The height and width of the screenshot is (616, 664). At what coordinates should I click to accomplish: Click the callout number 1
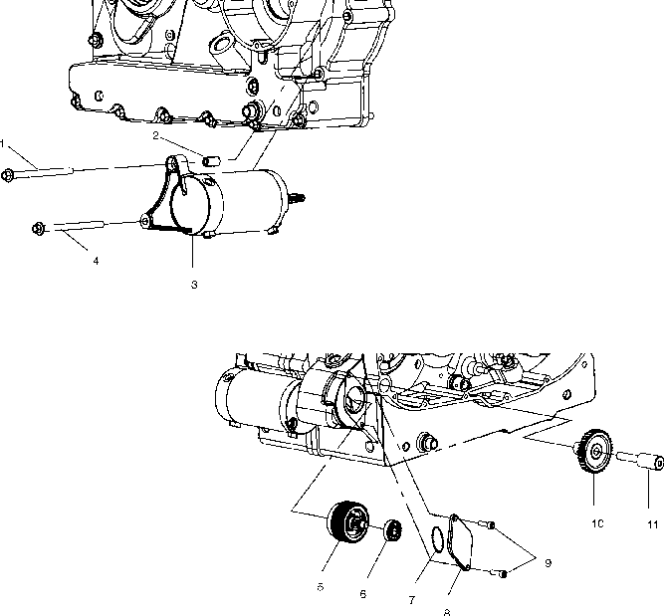(x=3, y=144)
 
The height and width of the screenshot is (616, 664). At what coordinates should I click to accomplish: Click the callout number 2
(x=156, y=134)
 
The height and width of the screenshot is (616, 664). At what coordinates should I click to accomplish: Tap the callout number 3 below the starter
(x=194, y=285)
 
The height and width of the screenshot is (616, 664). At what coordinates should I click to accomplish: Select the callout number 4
(x=96, y=261)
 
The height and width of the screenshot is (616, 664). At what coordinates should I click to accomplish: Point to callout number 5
(x=321, y=587)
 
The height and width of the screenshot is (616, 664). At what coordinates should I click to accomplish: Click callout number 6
(x=362, y=593)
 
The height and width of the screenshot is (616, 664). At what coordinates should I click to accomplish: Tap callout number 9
(x=547, y=562)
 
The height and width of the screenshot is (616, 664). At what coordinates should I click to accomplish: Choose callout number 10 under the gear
(x=598, y=522)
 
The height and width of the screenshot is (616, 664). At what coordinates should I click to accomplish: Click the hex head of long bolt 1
(x=9, y=176)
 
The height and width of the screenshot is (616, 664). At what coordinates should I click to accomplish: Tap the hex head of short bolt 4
(x=38, y=230)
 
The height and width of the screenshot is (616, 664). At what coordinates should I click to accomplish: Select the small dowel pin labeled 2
(x=210, y=159)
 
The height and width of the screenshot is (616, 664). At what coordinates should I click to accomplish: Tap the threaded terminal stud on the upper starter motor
(x=298, y=196)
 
